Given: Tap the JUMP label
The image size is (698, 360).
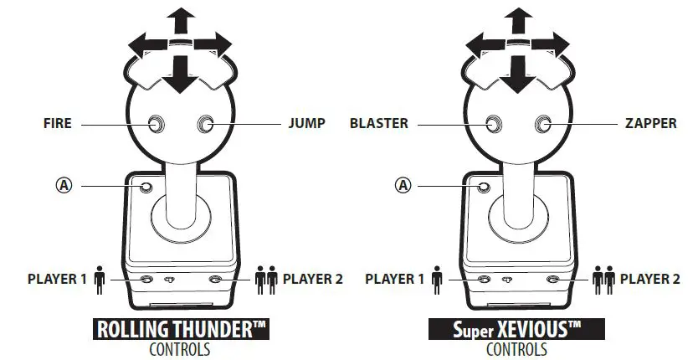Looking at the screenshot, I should [x=305, y=123].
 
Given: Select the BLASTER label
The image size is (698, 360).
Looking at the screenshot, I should [x=379, y=123].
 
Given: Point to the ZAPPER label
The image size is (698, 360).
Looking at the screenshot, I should [x=649, y=123].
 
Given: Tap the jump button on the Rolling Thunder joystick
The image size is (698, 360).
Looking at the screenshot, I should [x=206, y=125].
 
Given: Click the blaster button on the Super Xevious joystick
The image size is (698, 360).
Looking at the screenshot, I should [x=495, y=125].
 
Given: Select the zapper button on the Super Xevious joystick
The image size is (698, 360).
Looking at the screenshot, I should [x=545, y=125].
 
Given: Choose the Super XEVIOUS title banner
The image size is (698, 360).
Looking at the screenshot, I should [x=516, y=329].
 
